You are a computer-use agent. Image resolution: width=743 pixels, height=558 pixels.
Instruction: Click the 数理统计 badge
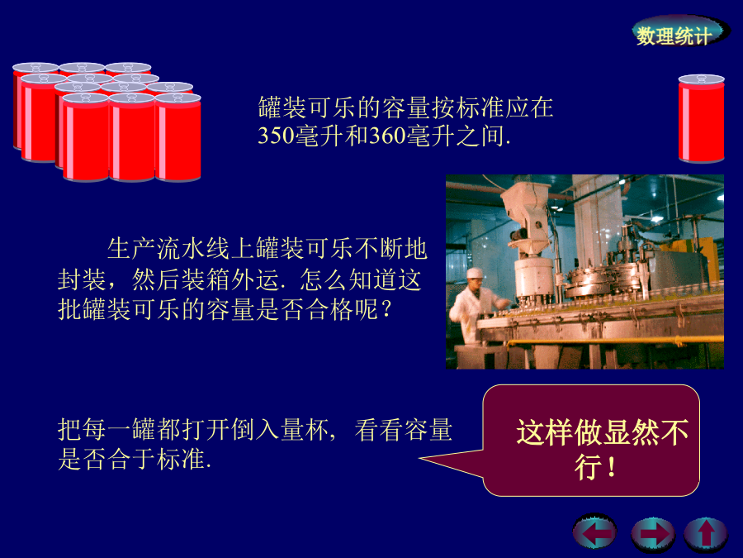(x=678, y=33)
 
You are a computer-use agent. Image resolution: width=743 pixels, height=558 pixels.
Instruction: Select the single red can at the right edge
(x=701, y=118)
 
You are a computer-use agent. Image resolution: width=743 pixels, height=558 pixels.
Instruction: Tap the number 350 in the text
(x=276, y=136)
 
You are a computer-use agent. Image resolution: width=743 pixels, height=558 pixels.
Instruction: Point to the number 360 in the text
(x=388, y=136)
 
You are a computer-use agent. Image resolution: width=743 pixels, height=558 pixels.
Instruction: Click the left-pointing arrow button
(x=594, y=532)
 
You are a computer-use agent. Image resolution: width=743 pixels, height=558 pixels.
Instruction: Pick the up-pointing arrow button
(x=706, y=534)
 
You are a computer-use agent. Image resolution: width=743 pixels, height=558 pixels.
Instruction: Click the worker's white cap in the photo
(x=475, y=273)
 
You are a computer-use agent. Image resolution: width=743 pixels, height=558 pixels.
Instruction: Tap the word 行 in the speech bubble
(x=589, y=467)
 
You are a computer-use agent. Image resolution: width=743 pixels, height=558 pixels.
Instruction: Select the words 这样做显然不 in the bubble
(x=603, y=432)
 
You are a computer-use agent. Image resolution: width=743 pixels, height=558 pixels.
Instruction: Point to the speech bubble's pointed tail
(x=421, y=458)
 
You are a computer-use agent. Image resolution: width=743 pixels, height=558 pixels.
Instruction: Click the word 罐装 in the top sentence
(x=283, y=107)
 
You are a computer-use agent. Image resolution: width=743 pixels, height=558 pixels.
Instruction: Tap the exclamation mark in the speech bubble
(x=612, y=467)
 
